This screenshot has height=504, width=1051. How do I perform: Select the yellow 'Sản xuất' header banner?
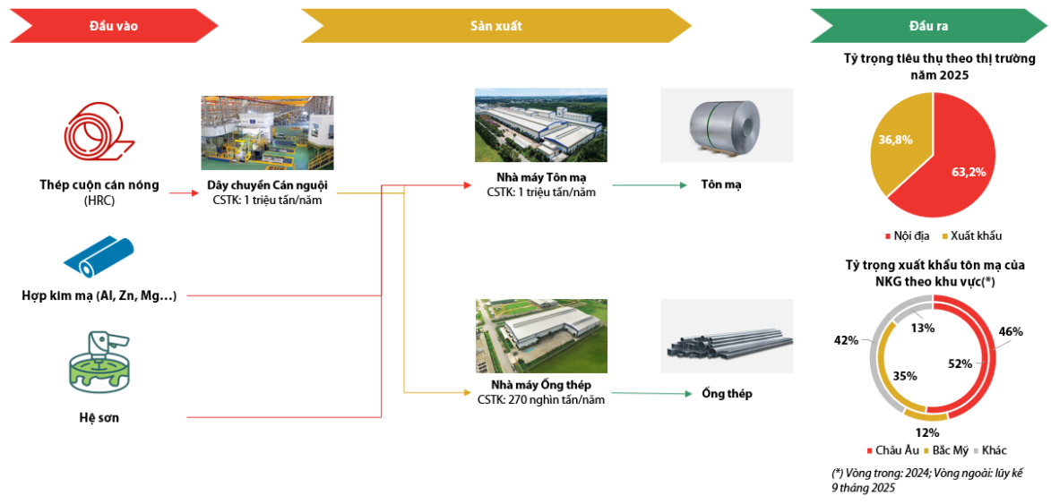pos(495,26)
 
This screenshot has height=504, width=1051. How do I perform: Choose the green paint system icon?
pos(99,363)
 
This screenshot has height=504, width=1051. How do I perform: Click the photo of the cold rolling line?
pos(267,132)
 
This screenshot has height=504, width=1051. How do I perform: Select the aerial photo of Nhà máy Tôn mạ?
pos(540,124)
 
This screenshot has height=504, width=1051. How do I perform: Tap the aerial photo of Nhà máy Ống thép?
pos(540,336)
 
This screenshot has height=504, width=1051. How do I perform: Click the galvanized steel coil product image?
pos(727,124)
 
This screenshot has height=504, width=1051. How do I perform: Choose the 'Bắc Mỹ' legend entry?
pos(948,449)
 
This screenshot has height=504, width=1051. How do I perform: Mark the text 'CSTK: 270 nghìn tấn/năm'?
pos(541,399)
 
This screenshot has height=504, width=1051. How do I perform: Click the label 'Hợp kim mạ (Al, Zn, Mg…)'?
pos(99,295)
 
